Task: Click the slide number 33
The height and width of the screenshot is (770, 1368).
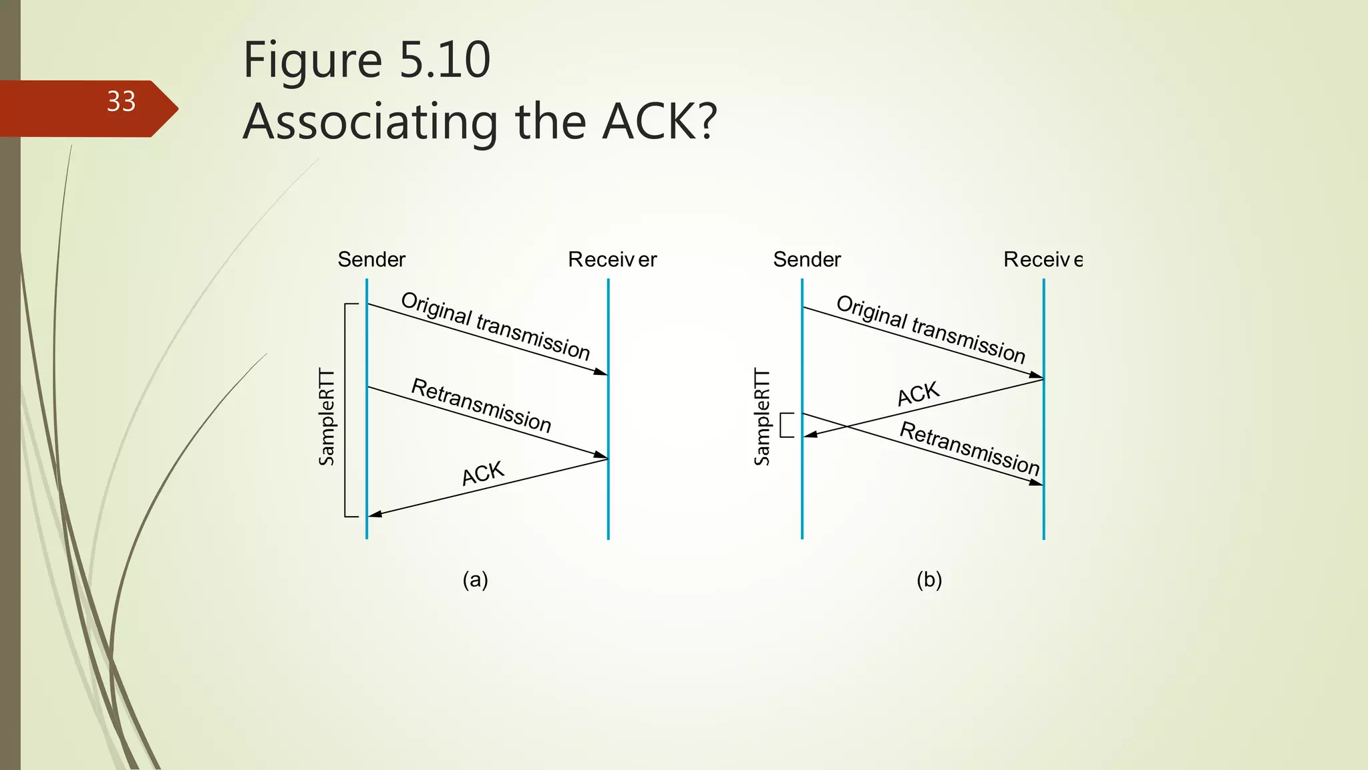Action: click(x=121, y=102)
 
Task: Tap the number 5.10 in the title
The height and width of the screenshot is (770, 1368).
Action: click(x=444, y=60)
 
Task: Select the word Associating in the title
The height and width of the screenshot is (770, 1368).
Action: click(x=371, y=122)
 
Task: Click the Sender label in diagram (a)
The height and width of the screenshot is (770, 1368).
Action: click(x=371, y=259)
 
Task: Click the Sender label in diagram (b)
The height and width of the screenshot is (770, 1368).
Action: click(x=807, y=259)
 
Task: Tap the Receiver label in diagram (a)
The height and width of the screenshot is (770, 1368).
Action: click(x=612, y=259)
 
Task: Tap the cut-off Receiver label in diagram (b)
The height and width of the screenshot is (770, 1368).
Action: click(x=1042, y=259)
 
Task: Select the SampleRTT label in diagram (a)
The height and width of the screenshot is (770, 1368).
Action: click(x=327, y=417)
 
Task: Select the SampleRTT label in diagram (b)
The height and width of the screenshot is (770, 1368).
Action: click(x=762, y=417)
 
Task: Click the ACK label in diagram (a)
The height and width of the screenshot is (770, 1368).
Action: click(x=483, y=473)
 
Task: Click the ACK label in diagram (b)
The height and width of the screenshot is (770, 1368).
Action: click(x=918, y=394)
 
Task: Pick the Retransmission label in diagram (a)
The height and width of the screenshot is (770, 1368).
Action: click(x=481, y=405)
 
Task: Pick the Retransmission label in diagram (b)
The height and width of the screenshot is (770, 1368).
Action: click(x=970, y=448)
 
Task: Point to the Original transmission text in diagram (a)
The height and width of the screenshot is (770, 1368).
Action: click(x=495, y=326)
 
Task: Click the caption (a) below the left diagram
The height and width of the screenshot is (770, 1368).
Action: click(x=476, y=580)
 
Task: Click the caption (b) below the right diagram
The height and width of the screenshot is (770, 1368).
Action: click(x=929, y=580)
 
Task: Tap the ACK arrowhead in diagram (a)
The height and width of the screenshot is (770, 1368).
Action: click(x=375, y=514)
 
